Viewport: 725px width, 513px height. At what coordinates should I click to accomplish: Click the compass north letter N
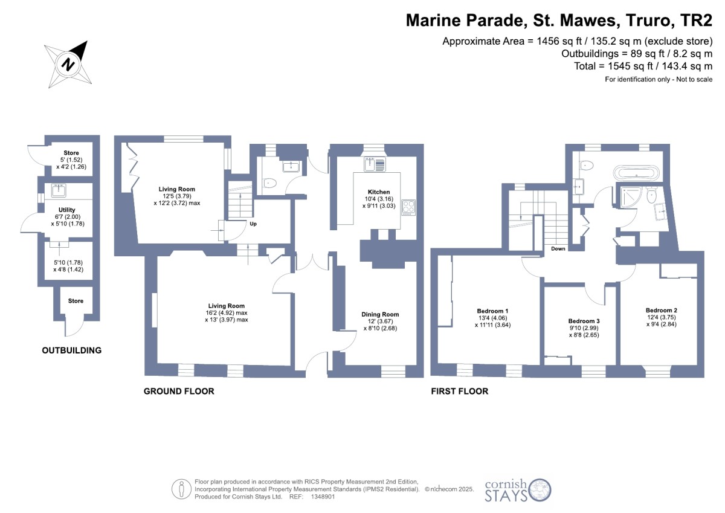(x=68, y=64)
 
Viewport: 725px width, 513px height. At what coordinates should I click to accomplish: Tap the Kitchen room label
(x=379, y=192)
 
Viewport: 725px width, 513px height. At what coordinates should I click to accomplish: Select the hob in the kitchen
(x=408, y=207)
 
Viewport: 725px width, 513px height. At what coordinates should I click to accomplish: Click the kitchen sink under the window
(x=375, y=164)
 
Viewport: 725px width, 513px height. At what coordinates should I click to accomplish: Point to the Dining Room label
(x=380, y=314)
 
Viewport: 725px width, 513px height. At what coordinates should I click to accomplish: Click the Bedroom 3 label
(x=584, y=321)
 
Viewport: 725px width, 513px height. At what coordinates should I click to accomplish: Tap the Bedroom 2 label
(x=661, y=310)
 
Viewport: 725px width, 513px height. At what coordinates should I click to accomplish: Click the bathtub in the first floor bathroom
(x=636, y=173)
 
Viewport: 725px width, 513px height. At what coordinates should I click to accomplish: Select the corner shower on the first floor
(x=630, y=197)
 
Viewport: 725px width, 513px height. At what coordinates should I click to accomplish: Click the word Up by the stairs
(x=253, y=224)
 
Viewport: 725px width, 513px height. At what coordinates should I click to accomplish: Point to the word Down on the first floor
(x=558, y=248)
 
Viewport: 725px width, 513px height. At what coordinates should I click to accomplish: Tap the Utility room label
(x=66, y=210)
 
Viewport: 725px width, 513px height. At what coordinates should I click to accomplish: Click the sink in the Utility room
(x=59, y=190)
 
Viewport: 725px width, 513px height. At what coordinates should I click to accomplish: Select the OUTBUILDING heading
(x=71, y=350)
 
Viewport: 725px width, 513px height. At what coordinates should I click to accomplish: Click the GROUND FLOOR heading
(x=179, y=392)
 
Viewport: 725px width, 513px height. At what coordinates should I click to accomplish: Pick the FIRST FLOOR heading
(x=460, y=392)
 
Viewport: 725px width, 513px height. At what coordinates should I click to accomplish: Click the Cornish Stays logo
(x=518, y=491)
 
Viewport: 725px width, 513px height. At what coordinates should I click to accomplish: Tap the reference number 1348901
(x=323, y=497)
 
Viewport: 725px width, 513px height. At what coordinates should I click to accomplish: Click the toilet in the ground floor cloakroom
(x=269, y=184)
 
